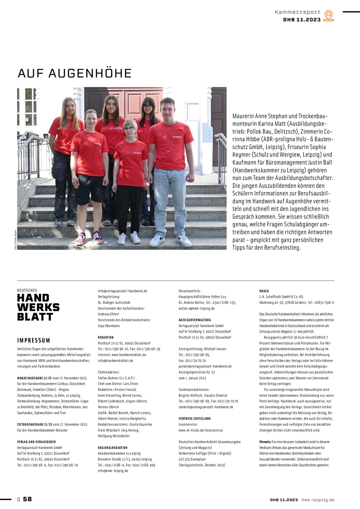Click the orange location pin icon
click(329, 15)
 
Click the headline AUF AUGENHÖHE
click(75, 73)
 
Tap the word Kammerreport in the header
click(298, 12)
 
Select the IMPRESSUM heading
click(34, 340)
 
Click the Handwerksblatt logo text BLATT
click(35, 317)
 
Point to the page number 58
click(27, 499)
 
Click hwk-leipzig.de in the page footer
click(318, 500)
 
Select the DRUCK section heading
click(264, 291)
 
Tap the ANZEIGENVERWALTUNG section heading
click(195, 320)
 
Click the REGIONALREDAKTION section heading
click(112, 448)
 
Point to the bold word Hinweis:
click(265, 442)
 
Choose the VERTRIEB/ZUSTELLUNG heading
click(195, 419)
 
